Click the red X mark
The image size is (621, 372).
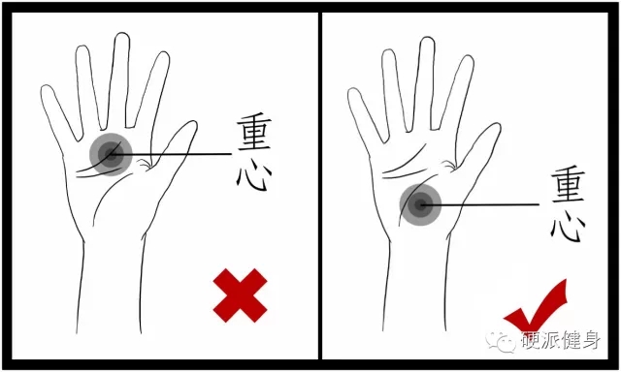pyautogui.click(x=240, y=295)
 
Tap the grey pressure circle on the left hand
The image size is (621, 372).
pyautogui.click(x=111, y=155)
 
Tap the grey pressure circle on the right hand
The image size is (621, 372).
pyautogui.click(x=420, y=204)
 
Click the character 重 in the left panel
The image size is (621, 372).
pyautogui.click(x=254, y=133)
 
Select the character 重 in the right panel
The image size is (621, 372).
pyautogui.click(x=568, y=184)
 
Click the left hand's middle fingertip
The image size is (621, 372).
pyautogui.click(x=122, y=35)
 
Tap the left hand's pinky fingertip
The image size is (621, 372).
pyautogui.click(x=46, y=87)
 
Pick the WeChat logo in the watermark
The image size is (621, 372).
pyautogui.click(x=501, y=341)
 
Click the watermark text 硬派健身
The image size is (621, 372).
pyautogui.click(x=561, y=340)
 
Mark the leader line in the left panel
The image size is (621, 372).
pyautogui.click(x=171, y=154)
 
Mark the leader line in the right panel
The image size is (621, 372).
pyautogui.click(x=479, y=204)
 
